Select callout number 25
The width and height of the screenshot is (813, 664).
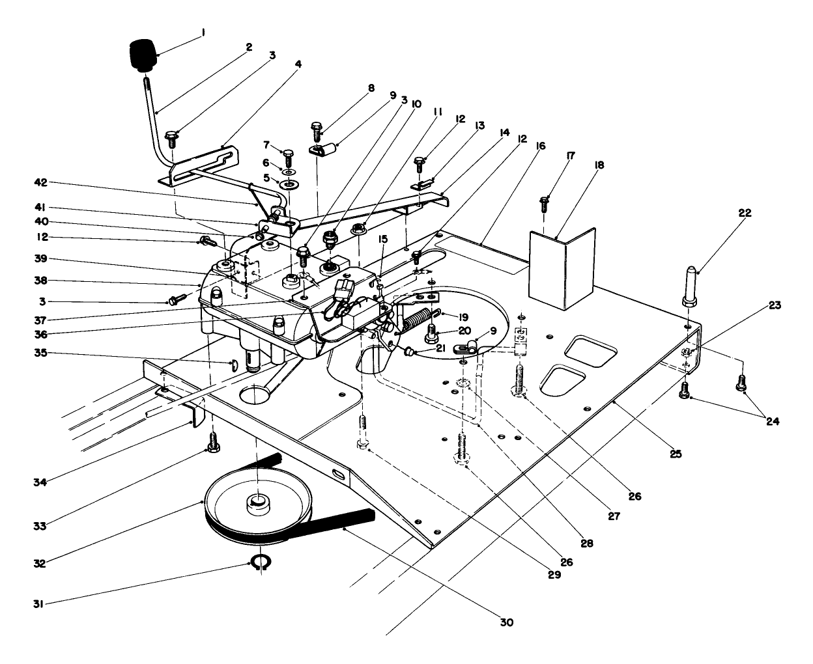[x=676, y=454]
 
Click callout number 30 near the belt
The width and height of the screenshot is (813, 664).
[x=506, y=622]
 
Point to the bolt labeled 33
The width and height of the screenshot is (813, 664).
[x=212, y=443]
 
